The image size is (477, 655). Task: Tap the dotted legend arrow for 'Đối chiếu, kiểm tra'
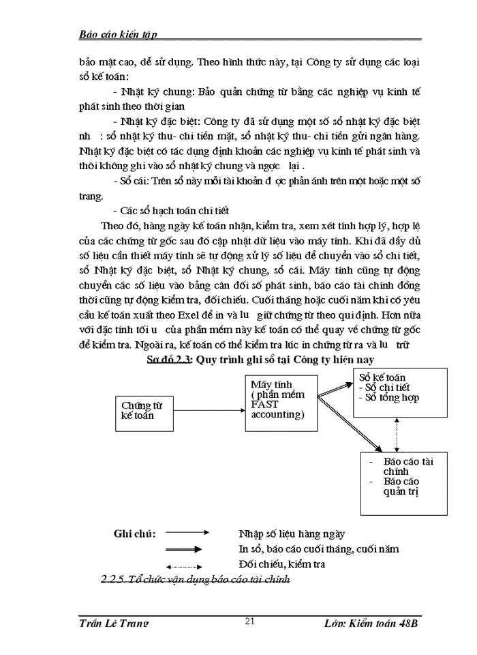[184, 565]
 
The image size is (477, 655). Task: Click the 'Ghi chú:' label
[134, 534]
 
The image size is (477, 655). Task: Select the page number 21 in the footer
[249, 620]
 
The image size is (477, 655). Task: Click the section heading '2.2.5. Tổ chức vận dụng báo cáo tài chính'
[195, 580]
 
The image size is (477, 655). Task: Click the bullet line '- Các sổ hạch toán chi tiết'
[175, 210]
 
